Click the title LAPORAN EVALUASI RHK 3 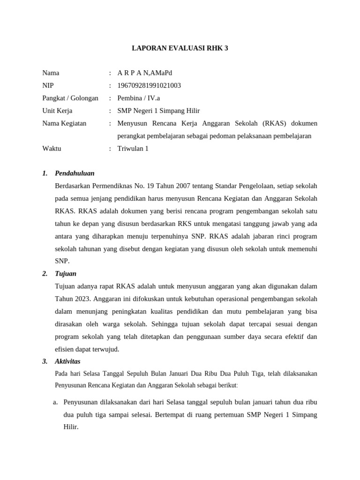(x=180, y=48)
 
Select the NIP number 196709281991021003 (x=149, y=85)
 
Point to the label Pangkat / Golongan (x=70, y=98)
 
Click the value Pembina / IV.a (x=138, y=98)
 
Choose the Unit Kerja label (x=57, y=111)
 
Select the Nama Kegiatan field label (x=64, y=123)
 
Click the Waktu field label (x=52, y=149)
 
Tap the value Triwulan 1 (x=133, y=149)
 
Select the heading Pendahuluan (x=75, y=173)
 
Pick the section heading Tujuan (x=66, y=273)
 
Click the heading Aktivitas (x=67, y=361)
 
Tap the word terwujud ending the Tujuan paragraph (x=105, y=349)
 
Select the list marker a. (x=55, y=402)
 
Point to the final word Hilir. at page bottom (x=71, y=427)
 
